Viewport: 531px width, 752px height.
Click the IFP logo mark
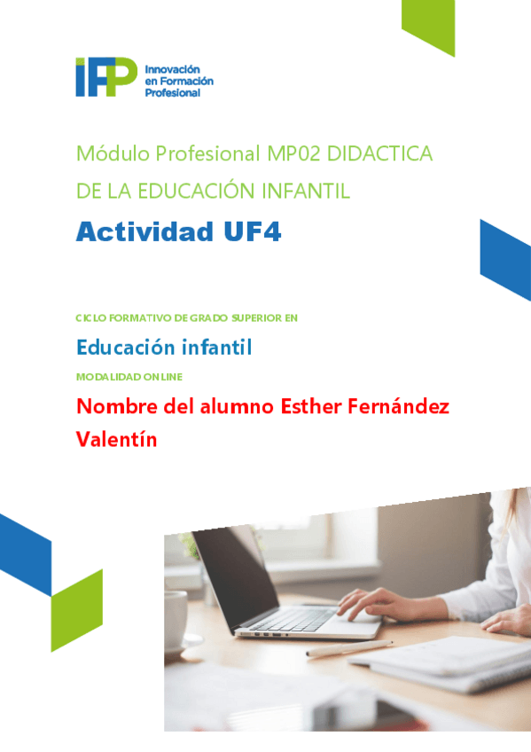(x=106, y=77)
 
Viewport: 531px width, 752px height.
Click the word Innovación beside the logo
(x=172, y=69)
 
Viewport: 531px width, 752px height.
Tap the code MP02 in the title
(x=293, y=154)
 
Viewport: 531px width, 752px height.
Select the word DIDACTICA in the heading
(x=379, y=154)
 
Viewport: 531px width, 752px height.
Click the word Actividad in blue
(x=144, y=231)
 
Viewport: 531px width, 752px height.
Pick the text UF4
(x=252, y=231)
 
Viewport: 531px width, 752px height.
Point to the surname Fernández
(x=398, y=407)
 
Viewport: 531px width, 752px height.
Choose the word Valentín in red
(x=116, y=439)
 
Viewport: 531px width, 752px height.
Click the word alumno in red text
(x=237, y=407)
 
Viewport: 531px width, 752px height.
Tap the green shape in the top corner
(x=428, y=27)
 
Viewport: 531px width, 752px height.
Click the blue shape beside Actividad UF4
(x=505, y=260)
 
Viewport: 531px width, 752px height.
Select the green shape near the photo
(x=76, y=610)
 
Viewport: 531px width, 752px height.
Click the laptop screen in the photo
(x=235, y=576)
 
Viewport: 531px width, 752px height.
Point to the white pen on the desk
(x=349, y=648)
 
